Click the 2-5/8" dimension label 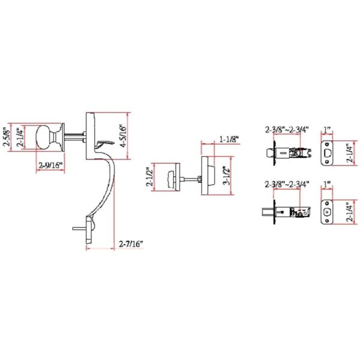point(7,137)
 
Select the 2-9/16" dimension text point(50,166)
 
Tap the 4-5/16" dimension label point(123,136)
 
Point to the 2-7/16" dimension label point(131,244)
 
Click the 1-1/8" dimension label point(229,139)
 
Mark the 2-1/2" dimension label point(150,177)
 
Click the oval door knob point(46,137)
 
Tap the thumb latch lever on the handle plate point(105,144)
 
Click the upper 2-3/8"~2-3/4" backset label point(287,130)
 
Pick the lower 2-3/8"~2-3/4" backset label point(287,184)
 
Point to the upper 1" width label point(327,130)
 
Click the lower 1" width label point(327,184)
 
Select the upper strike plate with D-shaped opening point(326,152)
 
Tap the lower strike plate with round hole point(326,212)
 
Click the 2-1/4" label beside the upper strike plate point(350,153)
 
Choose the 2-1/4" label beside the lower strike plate point(350,212)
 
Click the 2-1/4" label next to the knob point(20,137)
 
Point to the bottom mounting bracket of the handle point(89,230)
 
